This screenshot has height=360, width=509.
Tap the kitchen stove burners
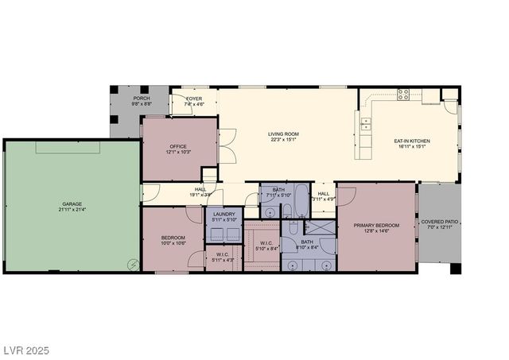coord(403,95)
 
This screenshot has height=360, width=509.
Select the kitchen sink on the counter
coord(366,123)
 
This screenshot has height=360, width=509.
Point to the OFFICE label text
coord(177,146)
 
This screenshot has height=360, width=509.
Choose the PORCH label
coord(141,98)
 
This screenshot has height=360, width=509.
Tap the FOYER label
coord(194,99)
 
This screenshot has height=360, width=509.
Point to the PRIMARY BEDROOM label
coord(378,225)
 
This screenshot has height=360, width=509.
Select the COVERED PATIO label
coord(439,222)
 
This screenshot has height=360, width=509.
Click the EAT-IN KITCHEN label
coord(410,141)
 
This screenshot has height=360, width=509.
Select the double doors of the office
coord(227,145)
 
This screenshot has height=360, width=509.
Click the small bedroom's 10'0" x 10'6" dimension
coord(173,243)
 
